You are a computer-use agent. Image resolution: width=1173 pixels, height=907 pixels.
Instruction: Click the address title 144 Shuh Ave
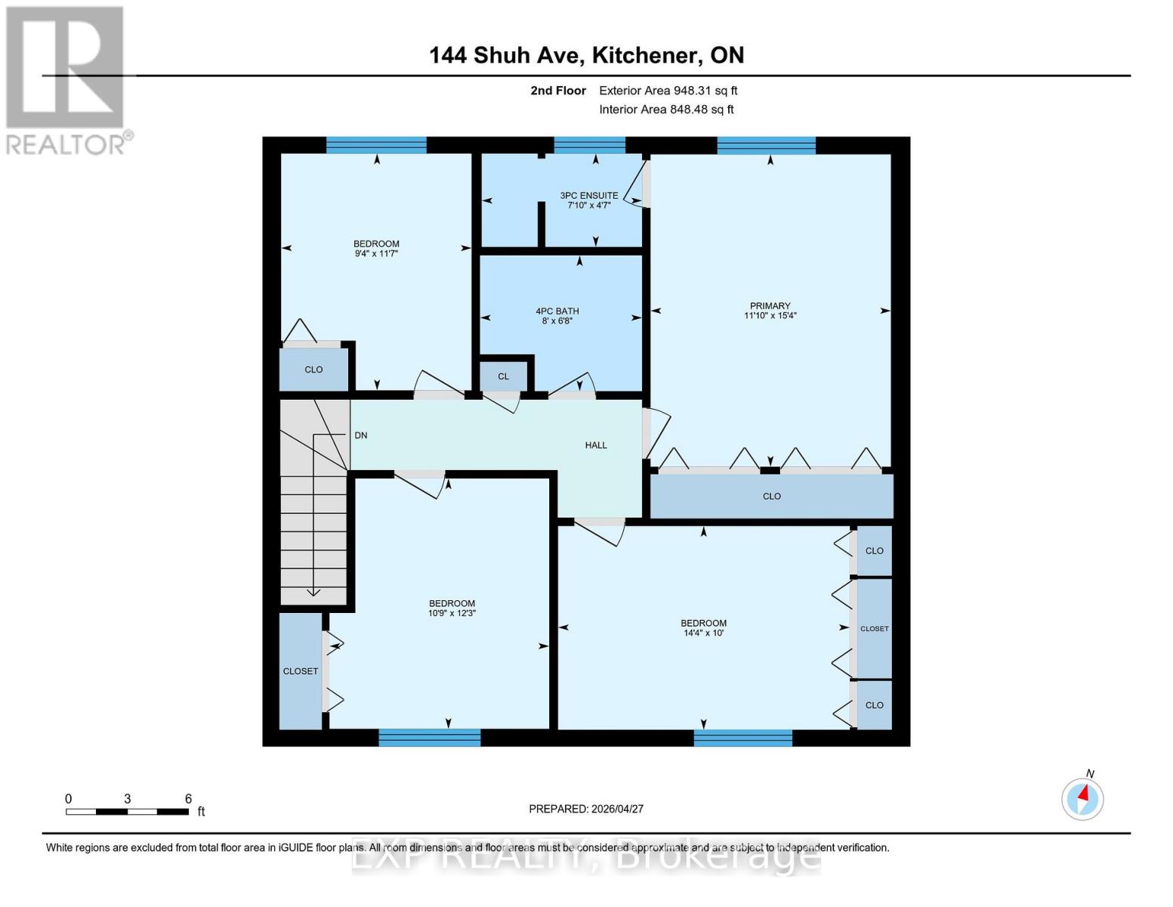pyautogui.click(x=586, y=55)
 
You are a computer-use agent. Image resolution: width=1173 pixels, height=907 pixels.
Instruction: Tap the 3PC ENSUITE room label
pyautogui.click(x=589, y=195)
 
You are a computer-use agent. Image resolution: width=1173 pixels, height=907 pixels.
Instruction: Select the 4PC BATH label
pyautogui.click(x=557, y=311)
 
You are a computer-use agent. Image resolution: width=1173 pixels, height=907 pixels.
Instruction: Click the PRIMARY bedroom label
pyautogui.click(x=770, y=305)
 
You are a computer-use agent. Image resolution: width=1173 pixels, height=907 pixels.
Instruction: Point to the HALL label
pyautogui.click(x=596, y=445)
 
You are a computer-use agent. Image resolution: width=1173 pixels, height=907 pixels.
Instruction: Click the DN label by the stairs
pyautogui.click(x=361, y=435)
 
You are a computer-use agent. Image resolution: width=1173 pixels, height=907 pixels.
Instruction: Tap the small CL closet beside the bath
pyautogui.click(x=503, y=376)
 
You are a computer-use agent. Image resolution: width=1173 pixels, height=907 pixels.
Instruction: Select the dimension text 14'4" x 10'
pyautogui.click(x=703, y=633)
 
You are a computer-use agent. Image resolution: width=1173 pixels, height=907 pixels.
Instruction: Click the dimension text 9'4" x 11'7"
pyautogui.click(x=376, y=254)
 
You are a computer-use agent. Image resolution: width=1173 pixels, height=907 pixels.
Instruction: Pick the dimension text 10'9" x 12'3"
pyautogui.click(x=452, y=614)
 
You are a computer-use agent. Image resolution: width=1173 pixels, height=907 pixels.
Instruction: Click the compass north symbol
pyautogui.click(x=1082, y=797)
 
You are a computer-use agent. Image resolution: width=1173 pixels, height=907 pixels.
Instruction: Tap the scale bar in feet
pyautogui.click(x=127, y=812)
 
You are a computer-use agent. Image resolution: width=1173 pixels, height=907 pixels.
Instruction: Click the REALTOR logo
pyautogui.click(x=66, y=80)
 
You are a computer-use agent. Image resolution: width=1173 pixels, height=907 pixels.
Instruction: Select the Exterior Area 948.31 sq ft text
pyautogui.click(x=668, y=91)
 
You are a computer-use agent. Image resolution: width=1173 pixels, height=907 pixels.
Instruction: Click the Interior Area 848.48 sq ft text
pyautogui.click(x=666, y=110)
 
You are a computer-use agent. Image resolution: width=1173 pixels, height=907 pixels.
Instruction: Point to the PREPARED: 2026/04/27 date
pyautogui.click(x=586, y=809)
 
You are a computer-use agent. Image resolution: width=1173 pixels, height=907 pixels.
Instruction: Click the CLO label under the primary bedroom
pyautogui.click(x=771, y=497)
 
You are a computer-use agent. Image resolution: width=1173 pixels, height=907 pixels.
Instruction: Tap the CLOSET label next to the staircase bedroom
pyautogui.click(x=301, y=671)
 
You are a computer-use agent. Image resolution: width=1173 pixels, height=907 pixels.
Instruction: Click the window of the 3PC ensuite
pyautogui.click(x=589, y=145)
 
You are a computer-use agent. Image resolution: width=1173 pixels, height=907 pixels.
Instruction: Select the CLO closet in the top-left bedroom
pyautogui.click(x=313, y=370)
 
